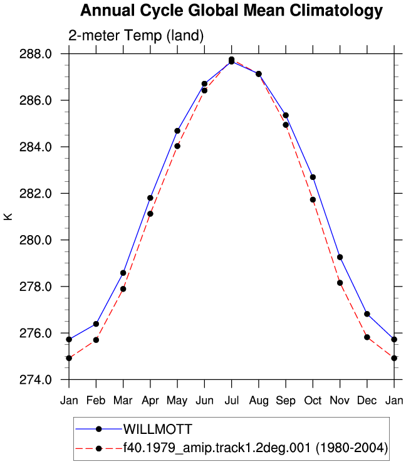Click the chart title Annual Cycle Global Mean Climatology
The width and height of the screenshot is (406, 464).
232,11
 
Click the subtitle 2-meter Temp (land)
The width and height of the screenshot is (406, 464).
136,36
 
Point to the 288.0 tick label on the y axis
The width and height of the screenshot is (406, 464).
36,54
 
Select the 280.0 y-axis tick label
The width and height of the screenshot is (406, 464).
36,240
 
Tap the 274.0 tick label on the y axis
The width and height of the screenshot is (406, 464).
36,379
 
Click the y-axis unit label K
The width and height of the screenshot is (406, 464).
8,216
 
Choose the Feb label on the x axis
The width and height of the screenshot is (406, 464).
96,401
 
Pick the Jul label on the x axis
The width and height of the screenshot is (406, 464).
232,401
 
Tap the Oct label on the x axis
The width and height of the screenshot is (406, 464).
313,401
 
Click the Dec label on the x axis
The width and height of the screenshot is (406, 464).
367,401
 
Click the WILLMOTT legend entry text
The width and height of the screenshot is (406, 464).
158,430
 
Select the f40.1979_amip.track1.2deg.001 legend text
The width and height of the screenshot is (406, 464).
217,448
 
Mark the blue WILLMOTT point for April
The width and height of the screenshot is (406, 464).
150,198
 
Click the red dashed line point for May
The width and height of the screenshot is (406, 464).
177,146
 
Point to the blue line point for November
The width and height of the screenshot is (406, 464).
340,258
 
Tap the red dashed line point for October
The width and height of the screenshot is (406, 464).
313,200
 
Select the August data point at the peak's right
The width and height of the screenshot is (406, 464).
259,74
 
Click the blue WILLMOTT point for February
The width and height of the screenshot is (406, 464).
96,324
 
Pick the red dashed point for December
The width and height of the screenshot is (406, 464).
367,337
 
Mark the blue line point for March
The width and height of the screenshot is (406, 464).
123,273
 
